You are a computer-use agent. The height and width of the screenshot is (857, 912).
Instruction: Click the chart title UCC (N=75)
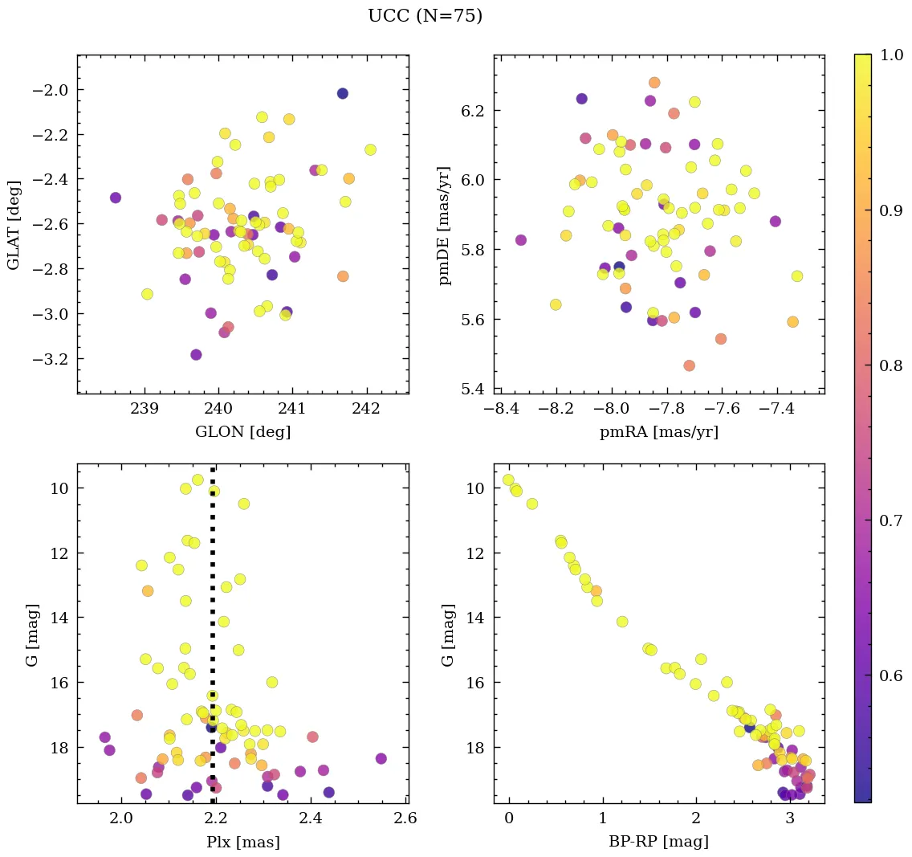[x=425, y=16]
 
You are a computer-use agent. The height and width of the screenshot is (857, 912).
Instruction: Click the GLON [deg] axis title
[x=242, y=432]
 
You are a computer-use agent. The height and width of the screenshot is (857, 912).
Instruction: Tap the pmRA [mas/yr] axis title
[x=658, y=432]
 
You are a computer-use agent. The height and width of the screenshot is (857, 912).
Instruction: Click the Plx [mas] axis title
[x=242, y=843]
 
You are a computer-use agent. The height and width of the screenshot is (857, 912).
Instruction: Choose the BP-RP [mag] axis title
[x=658, y=843]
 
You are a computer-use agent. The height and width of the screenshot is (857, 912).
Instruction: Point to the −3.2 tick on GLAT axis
[x=48, y=358]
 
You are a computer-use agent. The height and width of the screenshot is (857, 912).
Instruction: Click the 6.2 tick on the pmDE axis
[x=474, y=110]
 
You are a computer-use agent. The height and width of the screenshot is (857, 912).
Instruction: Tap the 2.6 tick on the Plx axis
[x=405, y=820]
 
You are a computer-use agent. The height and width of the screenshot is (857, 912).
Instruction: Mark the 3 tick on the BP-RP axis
[x=790, y=820]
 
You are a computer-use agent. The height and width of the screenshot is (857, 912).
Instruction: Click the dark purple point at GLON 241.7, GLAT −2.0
[x=343, y=93]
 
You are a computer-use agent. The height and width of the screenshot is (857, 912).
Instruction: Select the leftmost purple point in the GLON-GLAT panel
[x=116, y=198]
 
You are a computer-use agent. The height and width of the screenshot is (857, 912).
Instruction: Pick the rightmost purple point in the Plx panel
[x=381, y=758]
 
